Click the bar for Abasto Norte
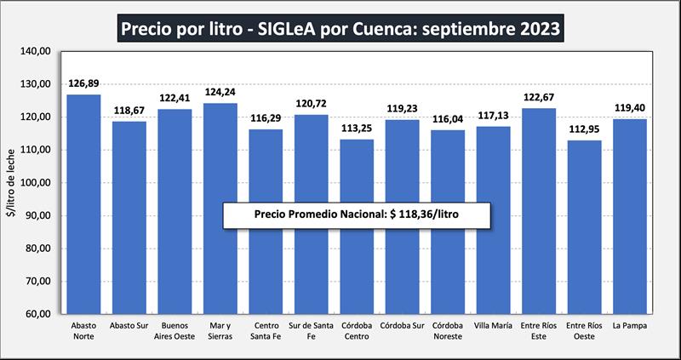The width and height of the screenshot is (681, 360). [x=84, y=204]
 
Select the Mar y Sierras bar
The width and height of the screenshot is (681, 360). [x=220, y=209]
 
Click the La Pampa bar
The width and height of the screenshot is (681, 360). [x=629, y=216]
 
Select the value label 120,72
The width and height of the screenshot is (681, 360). [x=312, y=104]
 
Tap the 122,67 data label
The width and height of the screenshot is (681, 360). [x=538, y=98]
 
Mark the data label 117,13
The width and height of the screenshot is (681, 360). [x=493, y=116]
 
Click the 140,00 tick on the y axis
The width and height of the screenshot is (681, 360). [x=37, y=51]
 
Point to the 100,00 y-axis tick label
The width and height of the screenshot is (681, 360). [x=37, y=182]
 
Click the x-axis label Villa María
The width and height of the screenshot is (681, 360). [x=493, y=326]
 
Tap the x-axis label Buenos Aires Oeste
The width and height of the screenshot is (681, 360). [x=175, y=331]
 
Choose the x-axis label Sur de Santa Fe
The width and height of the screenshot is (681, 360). [x=312, y=331]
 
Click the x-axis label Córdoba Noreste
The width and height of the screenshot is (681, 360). [x=448, y=331]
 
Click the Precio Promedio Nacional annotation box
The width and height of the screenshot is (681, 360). [x=357, y=215]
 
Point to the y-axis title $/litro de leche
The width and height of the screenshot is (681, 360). [x=12, y=182]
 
